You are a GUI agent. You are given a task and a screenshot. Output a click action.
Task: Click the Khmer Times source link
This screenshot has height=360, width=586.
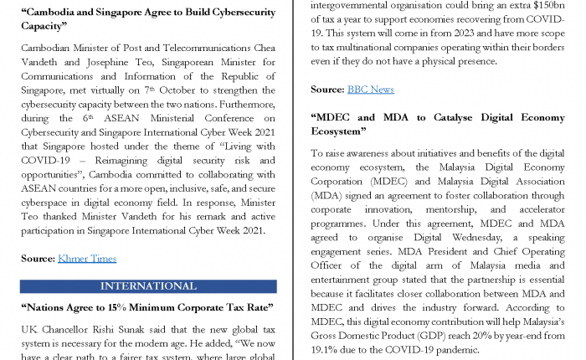(x=87, y=259)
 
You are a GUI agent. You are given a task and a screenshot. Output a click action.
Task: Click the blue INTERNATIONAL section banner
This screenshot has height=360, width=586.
(x=147, y=286)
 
